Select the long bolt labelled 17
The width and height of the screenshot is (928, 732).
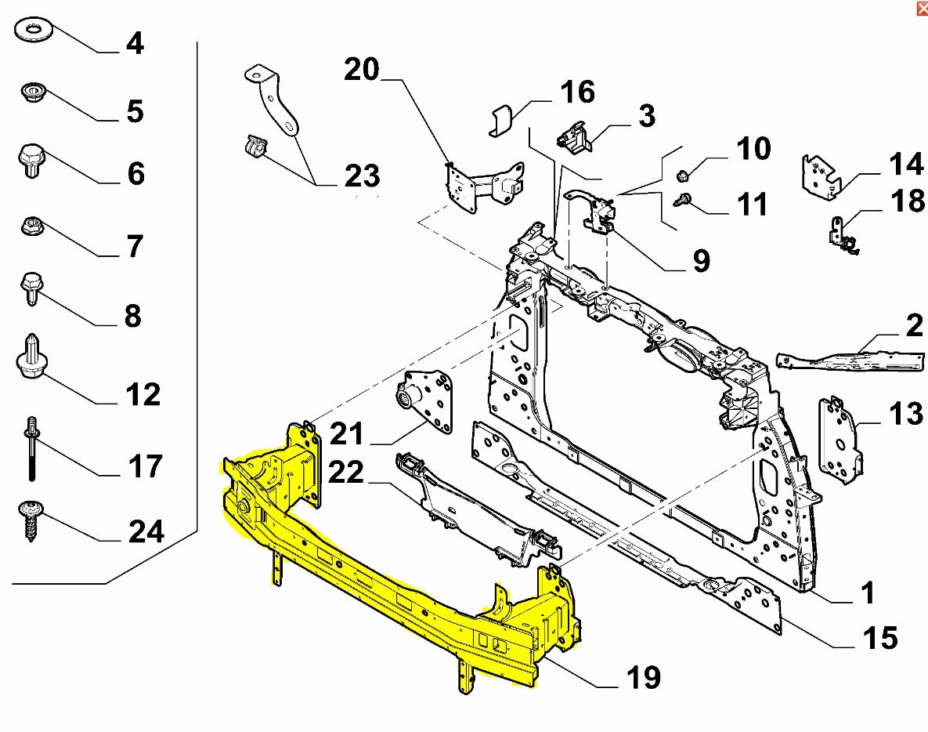point(31,447)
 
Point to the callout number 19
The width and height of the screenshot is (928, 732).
point(643,676)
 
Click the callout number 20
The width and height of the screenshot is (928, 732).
point(361,70)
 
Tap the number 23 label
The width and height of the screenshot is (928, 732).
point(362,176)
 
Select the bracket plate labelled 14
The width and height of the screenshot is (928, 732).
point(820,176)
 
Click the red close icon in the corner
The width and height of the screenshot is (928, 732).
point(919,9)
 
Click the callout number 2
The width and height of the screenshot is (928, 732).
point(914,325)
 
